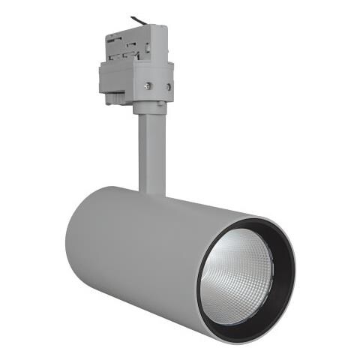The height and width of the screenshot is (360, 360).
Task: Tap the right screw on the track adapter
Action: click(166, 88)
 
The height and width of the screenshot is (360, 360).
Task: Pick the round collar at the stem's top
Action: click(151, 109)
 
